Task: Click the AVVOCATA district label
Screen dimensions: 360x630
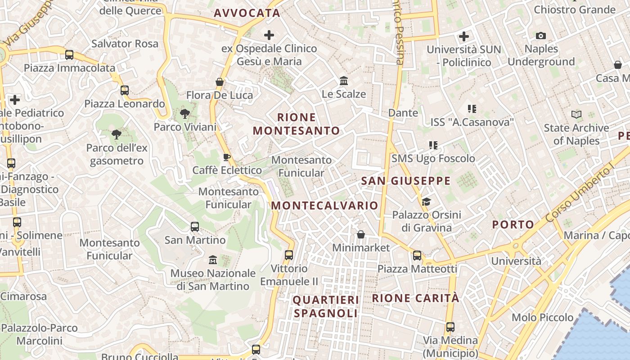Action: click(x=247, y=13)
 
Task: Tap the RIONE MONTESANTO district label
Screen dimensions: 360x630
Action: click(x=297, y=124)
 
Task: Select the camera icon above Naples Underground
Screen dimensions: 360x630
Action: click(x=541, y=36)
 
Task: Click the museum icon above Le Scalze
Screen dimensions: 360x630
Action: click(x=344, y=81)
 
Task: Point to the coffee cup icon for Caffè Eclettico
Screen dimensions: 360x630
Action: click(x=227, y=157)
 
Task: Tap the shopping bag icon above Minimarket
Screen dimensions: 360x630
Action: click(x=361, y=234)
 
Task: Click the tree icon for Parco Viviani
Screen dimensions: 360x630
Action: click(x=184, y=114)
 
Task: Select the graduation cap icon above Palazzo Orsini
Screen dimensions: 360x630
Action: click(x=426, y=202)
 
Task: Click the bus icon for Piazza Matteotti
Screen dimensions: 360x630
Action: click(x=417, y=256)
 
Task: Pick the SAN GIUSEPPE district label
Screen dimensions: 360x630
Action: click(x=406, y=181)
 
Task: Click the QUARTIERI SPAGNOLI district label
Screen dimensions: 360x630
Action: click(x=326, y=306)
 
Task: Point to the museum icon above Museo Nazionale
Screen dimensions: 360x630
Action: click(x=213, y=260)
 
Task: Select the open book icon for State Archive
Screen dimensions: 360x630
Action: click(x=576, y=115)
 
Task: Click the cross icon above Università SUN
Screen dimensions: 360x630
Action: click(x=464, y=36)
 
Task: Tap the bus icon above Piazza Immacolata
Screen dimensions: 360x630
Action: click(x=69, y=55)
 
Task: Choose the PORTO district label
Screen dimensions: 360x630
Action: click(x=513, y=224)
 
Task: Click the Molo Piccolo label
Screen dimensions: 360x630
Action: click(x=543, y=317)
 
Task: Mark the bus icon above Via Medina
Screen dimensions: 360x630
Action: click(x=450, y=327)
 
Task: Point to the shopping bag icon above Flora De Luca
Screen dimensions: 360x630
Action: click(x=220, y=82)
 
